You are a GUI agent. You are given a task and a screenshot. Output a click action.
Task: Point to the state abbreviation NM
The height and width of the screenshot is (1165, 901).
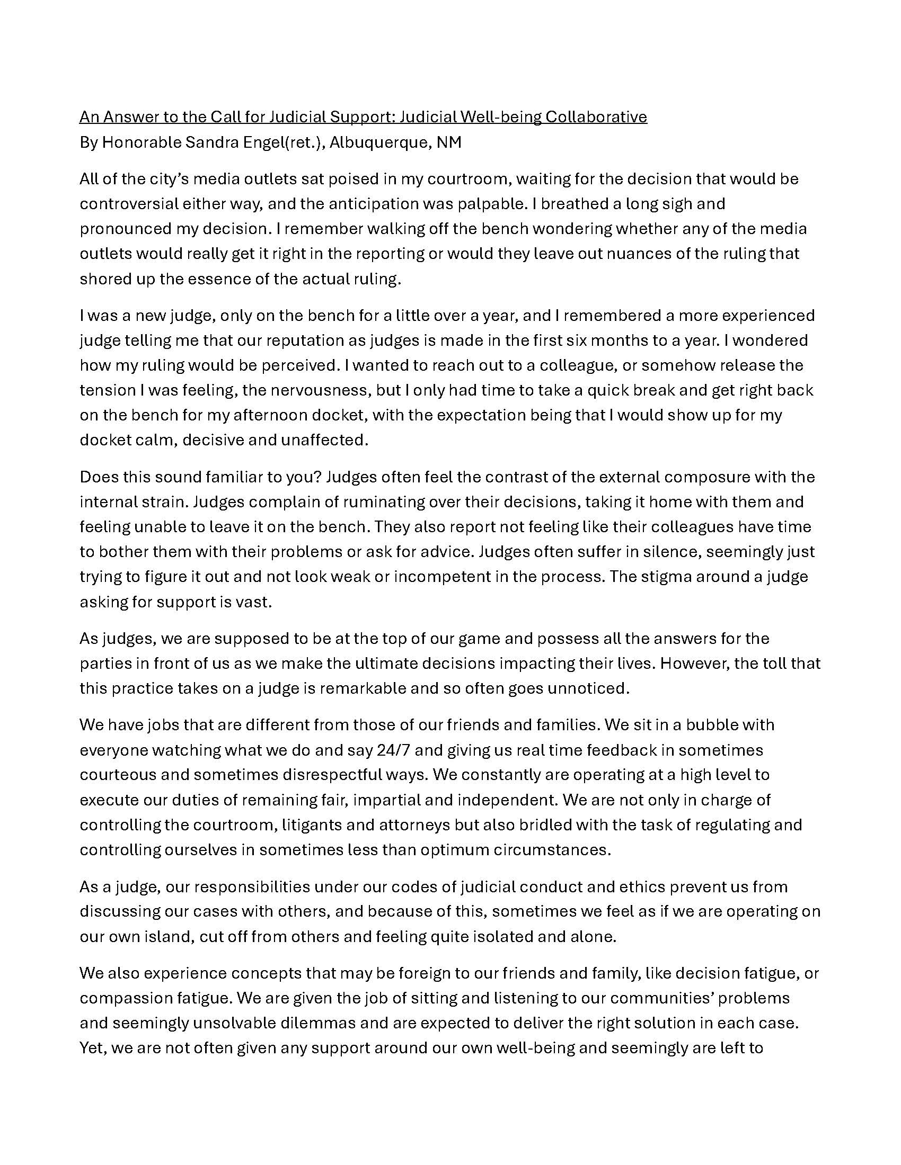pyautogui.click(x=449, y=142)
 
